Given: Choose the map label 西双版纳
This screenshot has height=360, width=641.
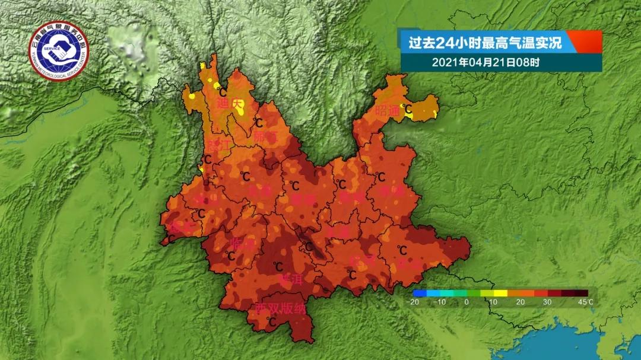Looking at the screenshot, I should pyautogui.click(x=280, y=309).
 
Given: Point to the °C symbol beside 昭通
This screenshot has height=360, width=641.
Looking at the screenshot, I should pyautogui.click(x=408, y=108).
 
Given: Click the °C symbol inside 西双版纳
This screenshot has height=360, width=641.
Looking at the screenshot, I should pyautogui.click(x=272, y=321).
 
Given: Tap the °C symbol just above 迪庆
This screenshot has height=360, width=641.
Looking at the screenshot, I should pyautogui.click(x=222, y=91).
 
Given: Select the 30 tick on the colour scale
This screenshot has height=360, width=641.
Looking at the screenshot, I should pyautogui.click(x=547, y=302).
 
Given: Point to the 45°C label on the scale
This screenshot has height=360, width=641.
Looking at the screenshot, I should pyautogui.click(x=586, y=302).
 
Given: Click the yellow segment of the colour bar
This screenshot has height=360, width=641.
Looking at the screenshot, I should pyautogui.click(x=500, y=293).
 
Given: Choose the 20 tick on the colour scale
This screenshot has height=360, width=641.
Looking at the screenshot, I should pyautogui.click(x=521, y=302).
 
